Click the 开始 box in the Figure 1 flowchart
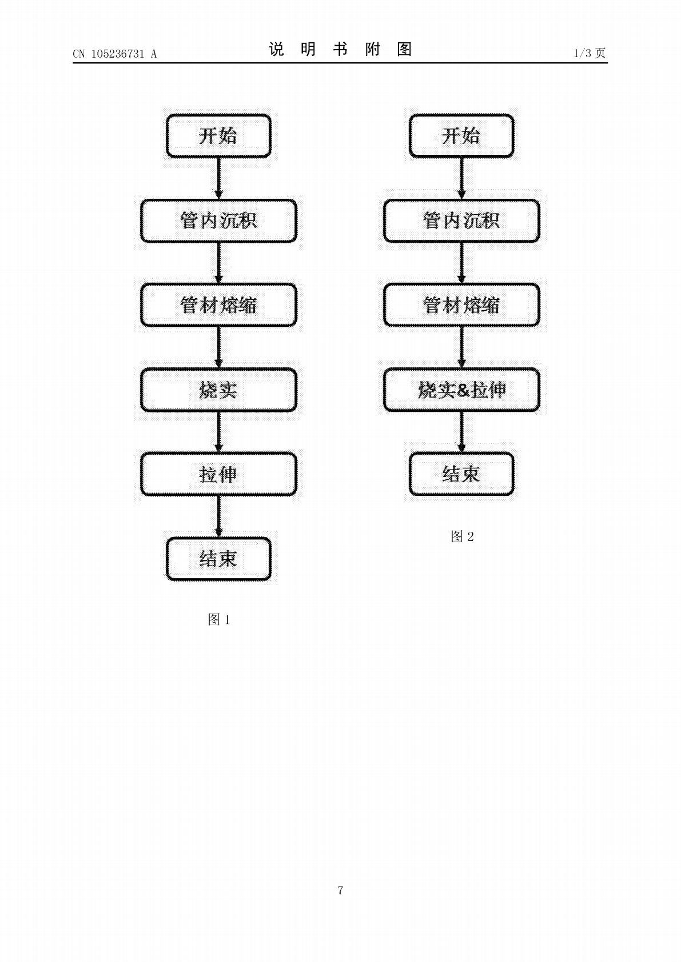tap(218, 136)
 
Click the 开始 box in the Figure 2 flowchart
tap(461, 136)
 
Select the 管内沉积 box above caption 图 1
tap(218, 221)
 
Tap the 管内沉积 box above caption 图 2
tap(461, 221)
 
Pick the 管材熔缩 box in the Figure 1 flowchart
tap(218, 305)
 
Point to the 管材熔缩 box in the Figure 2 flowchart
tap(461, 305)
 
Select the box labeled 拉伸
tap(218, 474)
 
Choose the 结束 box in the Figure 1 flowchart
tap(218, 559)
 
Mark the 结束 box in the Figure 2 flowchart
tap(461, 474)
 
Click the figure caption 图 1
tap(219, 619)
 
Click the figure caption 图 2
tap(462, 536)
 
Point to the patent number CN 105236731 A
tap(115, 54)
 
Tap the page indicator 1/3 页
tap(590, 53)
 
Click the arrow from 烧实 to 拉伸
tap(218, 432)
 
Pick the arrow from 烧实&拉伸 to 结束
tap(461, 432)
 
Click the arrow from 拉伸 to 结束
tap(218, 516)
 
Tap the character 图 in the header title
tap(405, 49)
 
